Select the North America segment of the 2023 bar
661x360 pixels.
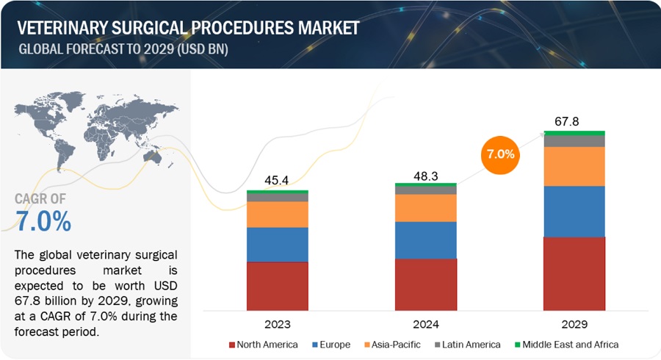[x=277, y=285]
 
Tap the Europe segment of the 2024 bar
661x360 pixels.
[x=425, y=240]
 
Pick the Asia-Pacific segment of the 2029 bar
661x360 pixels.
[x=574, y=166]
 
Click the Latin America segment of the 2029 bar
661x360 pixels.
[x=574, y=141]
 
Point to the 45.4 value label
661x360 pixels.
[x=278, y=180]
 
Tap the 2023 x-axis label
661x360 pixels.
[x=278, y=324]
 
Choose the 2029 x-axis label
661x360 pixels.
[x=574, y=324]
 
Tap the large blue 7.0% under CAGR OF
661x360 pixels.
[x=43, y=221]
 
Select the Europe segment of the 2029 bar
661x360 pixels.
[x=574, y=211]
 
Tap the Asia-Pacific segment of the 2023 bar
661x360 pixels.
[x=277, y=214]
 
